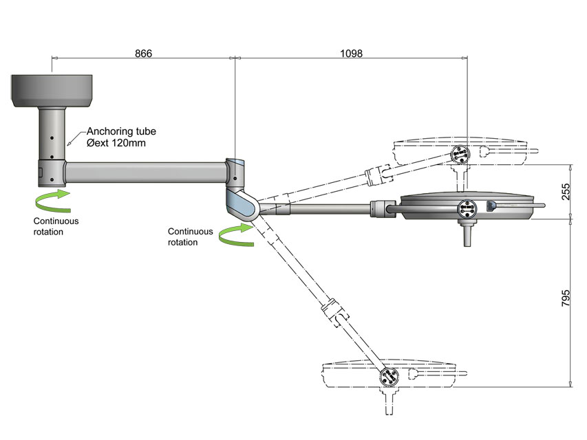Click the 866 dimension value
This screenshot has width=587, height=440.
click(143, 53)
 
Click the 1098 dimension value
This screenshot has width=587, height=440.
click(351, 53)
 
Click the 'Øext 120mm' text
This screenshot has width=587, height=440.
click(115, 143)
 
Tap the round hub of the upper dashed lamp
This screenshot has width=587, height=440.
click(460, 154)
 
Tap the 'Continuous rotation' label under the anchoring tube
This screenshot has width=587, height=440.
click(56, 226)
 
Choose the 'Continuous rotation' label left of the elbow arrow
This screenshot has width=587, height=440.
click(191, 236)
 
